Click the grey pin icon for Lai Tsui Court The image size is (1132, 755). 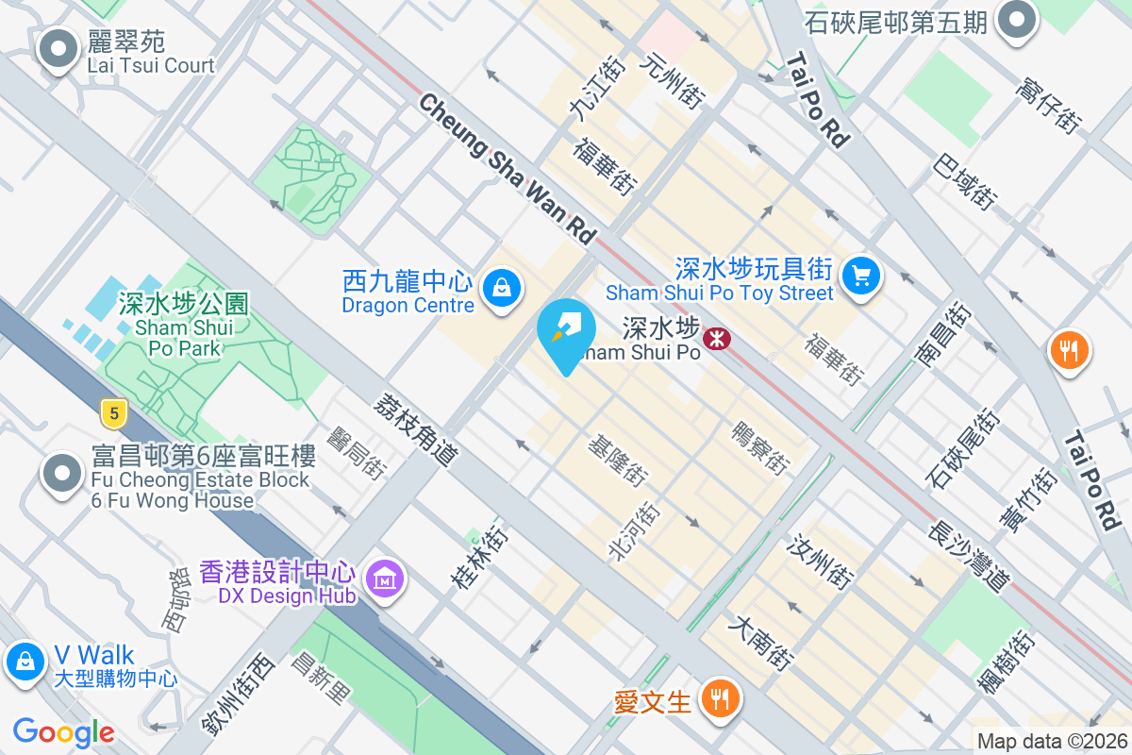click(x=58, y=48)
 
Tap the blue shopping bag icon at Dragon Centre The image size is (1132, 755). click(x=501, y=287)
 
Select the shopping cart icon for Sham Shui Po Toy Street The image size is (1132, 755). click(x=860, y=276)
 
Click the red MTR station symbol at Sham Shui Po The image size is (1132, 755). click(x=718, y=338)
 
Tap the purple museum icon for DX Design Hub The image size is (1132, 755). click(x=384, y=578)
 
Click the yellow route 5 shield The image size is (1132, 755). click(x=114, y=412)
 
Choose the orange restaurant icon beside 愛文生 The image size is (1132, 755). click(x=721, y=699)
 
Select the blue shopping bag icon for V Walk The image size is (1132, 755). click(x=25, y=662)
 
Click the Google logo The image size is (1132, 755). click(x=64, y=731)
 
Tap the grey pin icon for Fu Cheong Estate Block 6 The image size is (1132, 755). click(x=62, y=475)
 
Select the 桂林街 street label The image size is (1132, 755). click(x=481, y=558)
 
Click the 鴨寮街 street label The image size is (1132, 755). click(x=760, y=446)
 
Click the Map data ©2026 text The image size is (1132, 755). click(x=1052, y=742)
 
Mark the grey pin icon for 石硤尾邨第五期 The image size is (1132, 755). click(x=1018, y=19)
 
